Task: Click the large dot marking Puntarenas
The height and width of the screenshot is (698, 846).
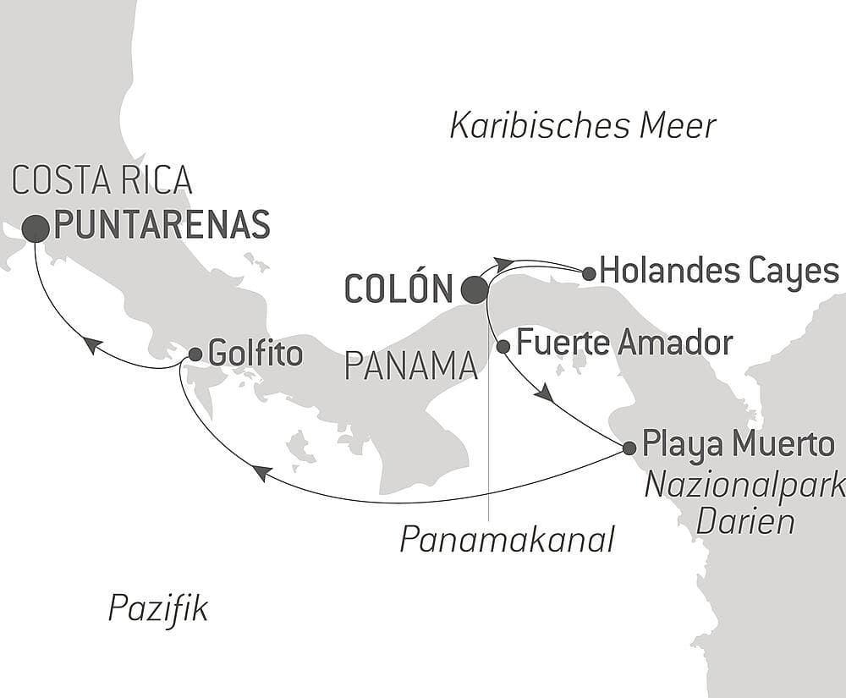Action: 36,228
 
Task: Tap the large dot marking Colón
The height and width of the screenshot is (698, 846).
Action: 475,290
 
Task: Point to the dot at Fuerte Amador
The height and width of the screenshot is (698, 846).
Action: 503,346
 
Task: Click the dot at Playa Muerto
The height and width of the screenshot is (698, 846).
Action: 629,448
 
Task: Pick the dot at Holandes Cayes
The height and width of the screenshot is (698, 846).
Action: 589,272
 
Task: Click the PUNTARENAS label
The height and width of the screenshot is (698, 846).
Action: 162,225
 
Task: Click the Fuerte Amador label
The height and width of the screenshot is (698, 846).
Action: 624,344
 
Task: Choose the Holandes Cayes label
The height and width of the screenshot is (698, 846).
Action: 719,272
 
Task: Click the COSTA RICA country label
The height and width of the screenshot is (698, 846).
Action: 102,181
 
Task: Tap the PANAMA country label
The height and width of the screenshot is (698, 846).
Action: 410,367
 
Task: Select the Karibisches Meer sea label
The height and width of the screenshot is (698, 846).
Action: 583,126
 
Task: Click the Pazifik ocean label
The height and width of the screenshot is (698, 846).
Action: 158,608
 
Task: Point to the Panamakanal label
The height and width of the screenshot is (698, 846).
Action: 507,539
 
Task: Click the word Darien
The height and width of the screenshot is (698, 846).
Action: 744,521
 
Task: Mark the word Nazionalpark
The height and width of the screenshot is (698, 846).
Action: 745,486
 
